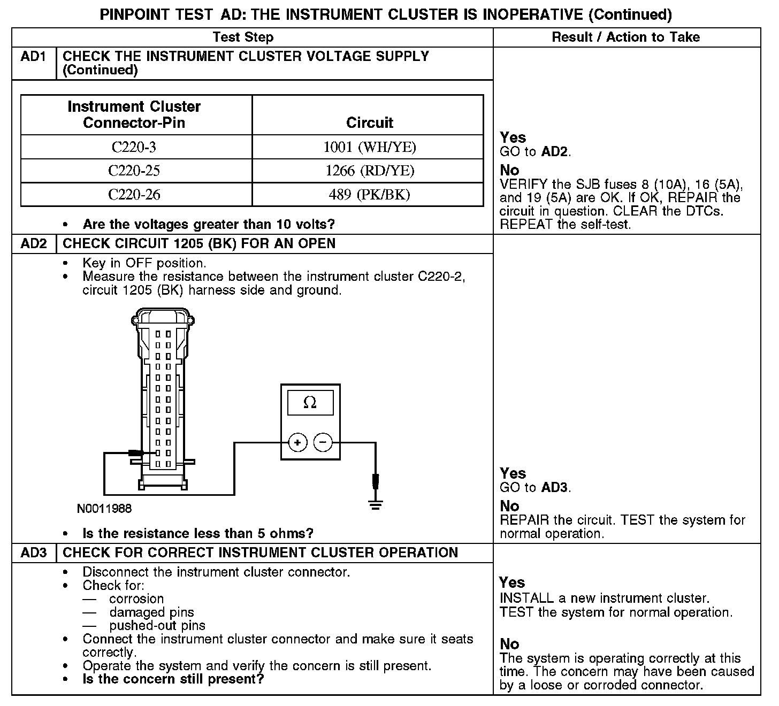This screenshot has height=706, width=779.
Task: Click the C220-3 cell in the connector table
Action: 136,147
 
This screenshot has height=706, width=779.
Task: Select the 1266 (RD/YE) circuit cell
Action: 369,171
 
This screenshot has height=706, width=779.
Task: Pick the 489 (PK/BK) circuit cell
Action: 369,195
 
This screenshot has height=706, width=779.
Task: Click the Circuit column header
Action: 369,122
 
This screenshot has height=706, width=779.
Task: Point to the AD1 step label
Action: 34,57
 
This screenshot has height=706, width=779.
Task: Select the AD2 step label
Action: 34,244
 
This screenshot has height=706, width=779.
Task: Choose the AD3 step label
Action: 34,553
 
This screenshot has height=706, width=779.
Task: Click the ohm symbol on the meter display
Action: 310,402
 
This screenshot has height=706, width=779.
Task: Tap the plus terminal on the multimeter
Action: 297,443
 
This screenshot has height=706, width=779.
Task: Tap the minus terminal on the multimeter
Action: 323,443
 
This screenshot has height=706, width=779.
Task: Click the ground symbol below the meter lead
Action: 376,504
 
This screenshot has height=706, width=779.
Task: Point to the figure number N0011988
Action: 104,509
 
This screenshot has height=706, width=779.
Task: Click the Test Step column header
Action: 243,37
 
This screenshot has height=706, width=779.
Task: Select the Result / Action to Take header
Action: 625,37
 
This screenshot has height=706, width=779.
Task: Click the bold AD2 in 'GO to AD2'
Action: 554,152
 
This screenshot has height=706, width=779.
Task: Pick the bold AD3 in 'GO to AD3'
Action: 554,488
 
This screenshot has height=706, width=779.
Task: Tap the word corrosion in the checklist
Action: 136,599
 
